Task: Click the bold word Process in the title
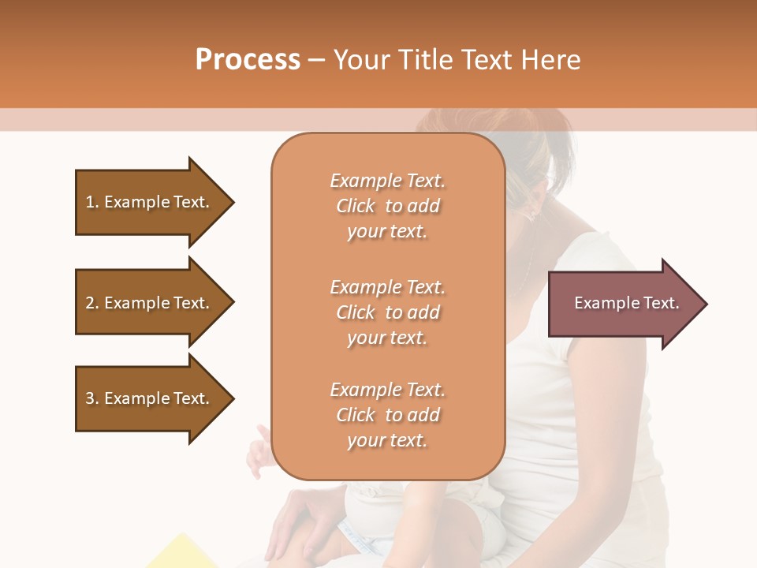248,60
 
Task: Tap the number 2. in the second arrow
92,303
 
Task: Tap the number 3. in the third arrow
92,398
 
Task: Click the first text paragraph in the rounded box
387,206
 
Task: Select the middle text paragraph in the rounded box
387,312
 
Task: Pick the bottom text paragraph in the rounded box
387,415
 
